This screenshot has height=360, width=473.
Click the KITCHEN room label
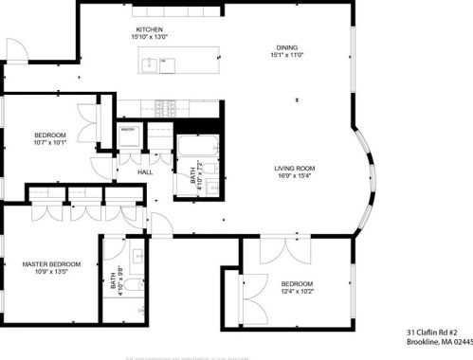[150, 29]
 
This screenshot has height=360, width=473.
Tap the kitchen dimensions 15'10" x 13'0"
[150, 38]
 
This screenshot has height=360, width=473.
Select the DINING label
[286, 47]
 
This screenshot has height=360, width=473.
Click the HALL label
[145, 172]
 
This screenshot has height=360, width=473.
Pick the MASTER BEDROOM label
[51, 263]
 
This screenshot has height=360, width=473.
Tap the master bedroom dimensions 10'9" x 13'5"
[51, 272]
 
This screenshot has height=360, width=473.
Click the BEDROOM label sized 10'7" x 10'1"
[49, 135]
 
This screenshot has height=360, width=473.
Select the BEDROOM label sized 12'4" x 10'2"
[297, 283]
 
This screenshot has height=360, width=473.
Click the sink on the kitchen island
[151, 64]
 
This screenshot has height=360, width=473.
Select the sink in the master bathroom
[138, 256]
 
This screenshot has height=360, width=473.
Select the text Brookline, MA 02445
[439, 343]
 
